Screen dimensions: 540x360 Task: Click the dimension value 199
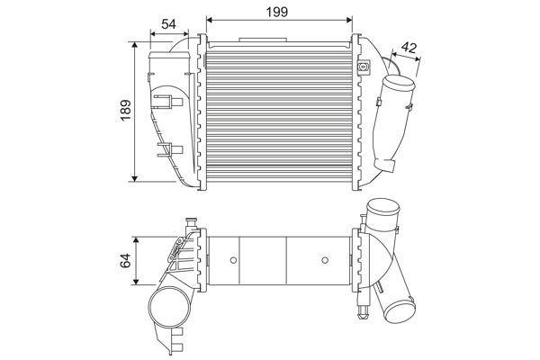point(277,12)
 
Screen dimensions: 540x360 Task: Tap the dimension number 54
point(168,24)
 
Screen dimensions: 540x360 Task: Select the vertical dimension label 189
point(126,110)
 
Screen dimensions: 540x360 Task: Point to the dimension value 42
point(409,48)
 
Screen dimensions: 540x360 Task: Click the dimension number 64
point(125,260)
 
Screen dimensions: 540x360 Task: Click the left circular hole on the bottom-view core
point(233,260)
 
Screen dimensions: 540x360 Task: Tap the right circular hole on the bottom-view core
point(325,260)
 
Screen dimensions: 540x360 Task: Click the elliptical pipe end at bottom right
point(400,310)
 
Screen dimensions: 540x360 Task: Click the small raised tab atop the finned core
point(263,40)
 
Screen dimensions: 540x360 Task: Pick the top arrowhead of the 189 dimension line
point(135,45)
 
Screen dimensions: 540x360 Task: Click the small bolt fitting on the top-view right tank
point(363,67)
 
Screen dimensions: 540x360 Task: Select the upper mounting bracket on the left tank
point(168,102)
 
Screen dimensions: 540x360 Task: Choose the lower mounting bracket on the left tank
point(169,149)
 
